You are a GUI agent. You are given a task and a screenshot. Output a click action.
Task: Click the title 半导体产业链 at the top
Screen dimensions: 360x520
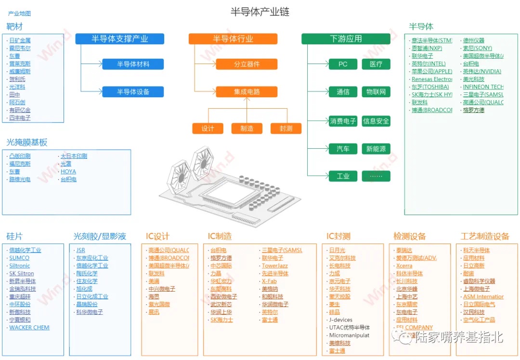260,12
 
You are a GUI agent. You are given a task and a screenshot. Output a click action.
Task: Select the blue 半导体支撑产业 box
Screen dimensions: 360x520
119,39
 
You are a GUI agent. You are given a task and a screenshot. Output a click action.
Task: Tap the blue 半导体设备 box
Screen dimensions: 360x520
133,91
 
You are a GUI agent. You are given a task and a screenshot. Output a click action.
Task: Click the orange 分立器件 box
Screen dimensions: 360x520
247,64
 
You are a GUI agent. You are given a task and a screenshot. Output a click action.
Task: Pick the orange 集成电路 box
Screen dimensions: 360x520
247,91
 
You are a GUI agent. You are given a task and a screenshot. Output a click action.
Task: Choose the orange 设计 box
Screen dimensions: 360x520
208,129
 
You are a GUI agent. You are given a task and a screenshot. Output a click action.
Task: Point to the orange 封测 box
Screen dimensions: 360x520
286,129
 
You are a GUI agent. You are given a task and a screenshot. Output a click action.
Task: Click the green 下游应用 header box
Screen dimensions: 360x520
346,39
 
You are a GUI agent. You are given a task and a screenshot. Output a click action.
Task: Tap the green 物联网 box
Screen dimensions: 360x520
376,91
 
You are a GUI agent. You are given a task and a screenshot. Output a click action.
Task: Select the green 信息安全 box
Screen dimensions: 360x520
376,121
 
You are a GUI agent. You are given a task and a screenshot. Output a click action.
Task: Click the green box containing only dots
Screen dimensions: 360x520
376,176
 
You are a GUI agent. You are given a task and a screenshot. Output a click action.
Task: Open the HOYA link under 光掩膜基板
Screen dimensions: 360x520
68,171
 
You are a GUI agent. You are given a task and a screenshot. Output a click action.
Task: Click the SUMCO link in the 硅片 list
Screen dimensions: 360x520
19,258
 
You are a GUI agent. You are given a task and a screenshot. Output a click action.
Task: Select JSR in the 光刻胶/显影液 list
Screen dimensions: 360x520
80,250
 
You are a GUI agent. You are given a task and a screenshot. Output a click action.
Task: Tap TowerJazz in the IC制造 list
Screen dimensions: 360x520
274,266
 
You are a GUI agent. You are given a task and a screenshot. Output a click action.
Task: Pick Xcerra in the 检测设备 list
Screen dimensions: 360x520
404,266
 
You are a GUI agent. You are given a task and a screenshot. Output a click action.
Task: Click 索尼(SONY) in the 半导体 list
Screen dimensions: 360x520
478,48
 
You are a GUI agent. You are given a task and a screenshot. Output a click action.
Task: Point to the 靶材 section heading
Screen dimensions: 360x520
14,26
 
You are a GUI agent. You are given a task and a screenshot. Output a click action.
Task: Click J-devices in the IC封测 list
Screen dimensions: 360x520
341,320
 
